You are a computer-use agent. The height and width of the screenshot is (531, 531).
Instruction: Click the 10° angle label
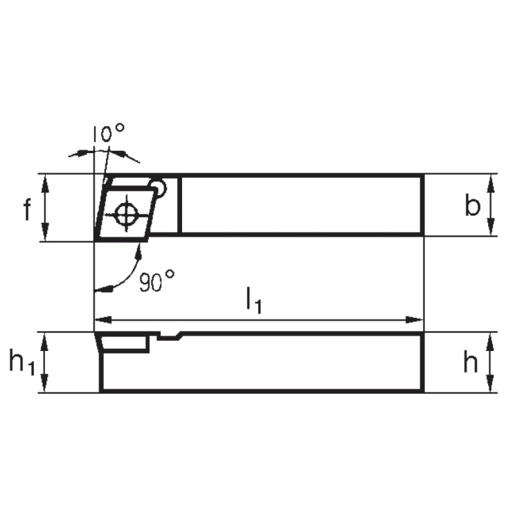tap(109, 132)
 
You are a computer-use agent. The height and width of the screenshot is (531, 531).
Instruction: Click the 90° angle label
tap(156, 282)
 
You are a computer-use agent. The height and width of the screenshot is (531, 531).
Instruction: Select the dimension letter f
tap(27, 208)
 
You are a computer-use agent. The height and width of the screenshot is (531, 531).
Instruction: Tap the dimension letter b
tap(471, 206)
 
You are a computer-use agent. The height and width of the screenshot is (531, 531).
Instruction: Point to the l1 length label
tap(253, 301)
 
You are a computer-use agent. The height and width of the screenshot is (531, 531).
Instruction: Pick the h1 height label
tap(21, 363)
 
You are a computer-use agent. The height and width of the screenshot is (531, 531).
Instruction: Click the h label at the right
tap(471, 363)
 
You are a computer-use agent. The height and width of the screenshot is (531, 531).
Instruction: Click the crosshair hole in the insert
tap(127, 214)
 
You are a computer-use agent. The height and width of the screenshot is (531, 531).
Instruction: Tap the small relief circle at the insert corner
tap(159, 187)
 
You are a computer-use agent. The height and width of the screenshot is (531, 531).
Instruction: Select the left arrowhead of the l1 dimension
tap(101, 320)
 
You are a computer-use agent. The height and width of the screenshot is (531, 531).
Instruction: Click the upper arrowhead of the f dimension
tap(46, 181)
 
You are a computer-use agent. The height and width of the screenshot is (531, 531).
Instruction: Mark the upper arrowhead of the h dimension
tap(491, 340)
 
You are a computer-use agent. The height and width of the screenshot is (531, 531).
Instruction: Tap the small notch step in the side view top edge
tap(170, 336)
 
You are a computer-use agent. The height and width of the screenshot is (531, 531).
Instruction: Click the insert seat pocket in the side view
tap(125, 343)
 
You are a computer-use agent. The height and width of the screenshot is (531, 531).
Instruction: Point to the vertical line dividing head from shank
tap(179, 205)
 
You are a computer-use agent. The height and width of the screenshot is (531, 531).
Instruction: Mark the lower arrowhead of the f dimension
tap(46, 234)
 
